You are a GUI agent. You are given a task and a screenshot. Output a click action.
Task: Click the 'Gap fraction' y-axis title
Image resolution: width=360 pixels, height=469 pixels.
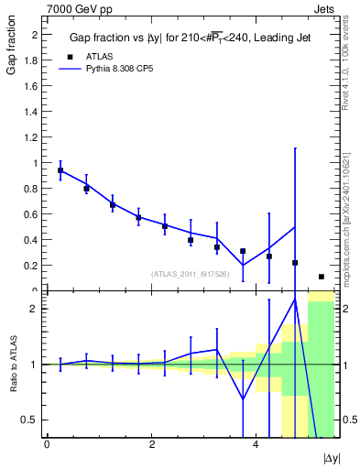tap(13, 50)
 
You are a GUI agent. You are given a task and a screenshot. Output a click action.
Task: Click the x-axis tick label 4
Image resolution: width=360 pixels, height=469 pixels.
tap(256, 445)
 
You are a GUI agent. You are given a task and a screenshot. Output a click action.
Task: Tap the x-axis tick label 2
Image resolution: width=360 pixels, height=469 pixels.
tap(151, 445)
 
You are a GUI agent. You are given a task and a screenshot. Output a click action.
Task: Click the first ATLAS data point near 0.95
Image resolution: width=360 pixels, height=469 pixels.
tap(60, 170)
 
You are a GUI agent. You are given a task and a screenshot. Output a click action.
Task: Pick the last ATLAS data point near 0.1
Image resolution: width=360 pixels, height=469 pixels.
tap(322, 277)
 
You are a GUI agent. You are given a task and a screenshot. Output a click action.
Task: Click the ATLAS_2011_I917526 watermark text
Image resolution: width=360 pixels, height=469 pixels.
tap(191, 274)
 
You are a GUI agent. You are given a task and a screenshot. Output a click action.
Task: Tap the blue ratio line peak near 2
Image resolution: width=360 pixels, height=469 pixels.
tap(295, 300)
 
